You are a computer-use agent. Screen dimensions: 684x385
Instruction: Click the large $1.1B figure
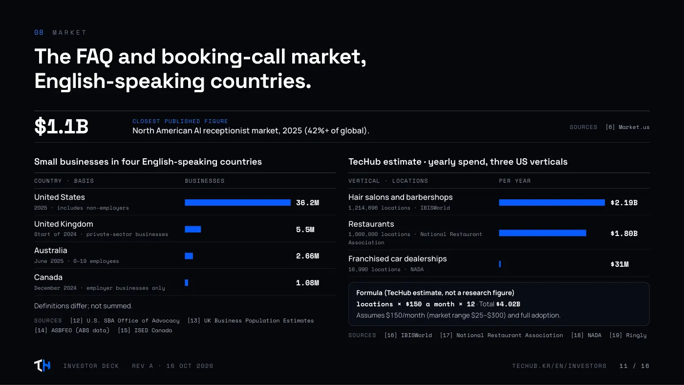click(x=61, y=127)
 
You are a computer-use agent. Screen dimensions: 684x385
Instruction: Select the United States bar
click(x=237, y=202)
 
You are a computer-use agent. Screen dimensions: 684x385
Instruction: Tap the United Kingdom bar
click(x=192, y=229)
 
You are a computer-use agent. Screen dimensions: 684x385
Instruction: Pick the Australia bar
click(x=189, y=256)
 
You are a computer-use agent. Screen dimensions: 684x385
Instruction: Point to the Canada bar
click(x=186, y=283)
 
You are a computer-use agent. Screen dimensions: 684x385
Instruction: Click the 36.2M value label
click(x=307, y=203)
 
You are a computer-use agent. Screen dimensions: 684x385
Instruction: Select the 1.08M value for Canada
click(x=307, y=283)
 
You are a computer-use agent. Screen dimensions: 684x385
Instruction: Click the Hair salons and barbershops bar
click(x=552, y=202)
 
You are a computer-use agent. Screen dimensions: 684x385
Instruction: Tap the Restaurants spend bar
click(x=543, y=233)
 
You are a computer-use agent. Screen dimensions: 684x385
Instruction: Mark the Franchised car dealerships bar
click(x=500, y=264)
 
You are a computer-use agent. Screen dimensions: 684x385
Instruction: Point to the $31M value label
click(x=620, y=264)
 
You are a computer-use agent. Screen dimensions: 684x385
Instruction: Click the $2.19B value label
click(x=624, y=203)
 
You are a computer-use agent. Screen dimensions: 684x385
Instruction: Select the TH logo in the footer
click(x=42, y=365)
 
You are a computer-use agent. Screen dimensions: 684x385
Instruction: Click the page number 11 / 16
click(x=634, y=366)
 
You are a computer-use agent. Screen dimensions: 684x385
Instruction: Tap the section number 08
click(x=39, y=32)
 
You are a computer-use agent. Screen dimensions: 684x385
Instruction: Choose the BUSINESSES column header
click(x=205, y=181)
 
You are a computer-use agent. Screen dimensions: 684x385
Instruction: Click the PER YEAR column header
click(x=515, y=181)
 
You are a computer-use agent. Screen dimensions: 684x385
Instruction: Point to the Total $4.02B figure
click(x=499, y=304)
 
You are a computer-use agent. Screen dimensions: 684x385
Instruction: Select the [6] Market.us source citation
click(x=627, y=127)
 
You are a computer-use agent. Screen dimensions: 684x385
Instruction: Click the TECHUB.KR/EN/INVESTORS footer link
click(x=559, y=366)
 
